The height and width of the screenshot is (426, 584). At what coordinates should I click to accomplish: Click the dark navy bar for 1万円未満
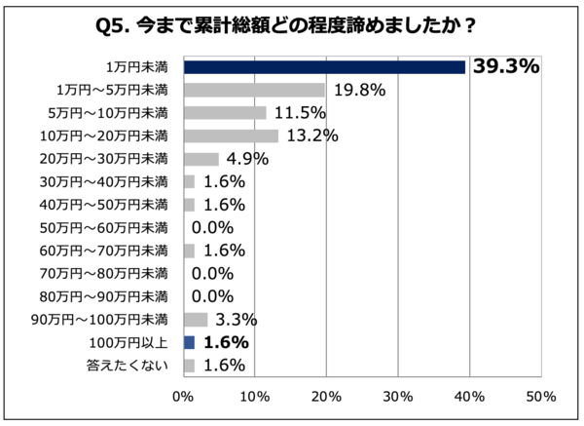[x=324, y=67]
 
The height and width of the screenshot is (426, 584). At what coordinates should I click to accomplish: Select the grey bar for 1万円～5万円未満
[x=254, y=91]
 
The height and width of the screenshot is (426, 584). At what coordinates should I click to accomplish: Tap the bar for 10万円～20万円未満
[x=231, y=136]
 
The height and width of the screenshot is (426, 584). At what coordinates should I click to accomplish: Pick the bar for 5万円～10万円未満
[x=224, y=113]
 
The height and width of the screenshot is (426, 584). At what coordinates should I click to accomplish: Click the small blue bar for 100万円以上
[x=189, y=342]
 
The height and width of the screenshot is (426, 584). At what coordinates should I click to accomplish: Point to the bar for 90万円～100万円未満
[x=195, y=320]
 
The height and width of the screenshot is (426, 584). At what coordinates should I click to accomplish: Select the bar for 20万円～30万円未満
[x=201, y=159]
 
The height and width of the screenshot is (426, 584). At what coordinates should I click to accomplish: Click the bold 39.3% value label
[x=505, y=66]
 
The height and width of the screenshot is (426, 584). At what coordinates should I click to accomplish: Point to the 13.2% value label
[x=310, y=136]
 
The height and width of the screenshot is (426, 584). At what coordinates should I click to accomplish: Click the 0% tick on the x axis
[x=183, y=397]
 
